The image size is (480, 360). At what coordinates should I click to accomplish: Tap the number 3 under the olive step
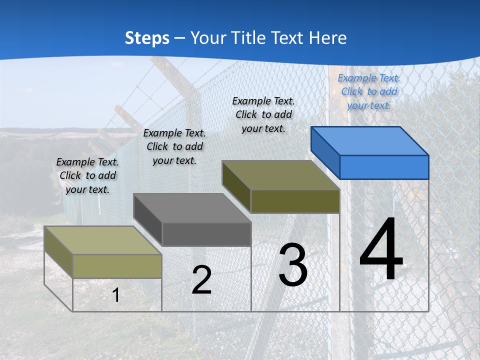293,265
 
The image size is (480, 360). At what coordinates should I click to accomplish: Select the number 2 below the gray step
201,280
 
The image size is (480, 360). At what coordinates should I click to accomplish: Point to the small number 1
116,295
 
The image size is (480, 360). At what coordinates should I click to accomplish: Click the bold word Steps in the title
147,38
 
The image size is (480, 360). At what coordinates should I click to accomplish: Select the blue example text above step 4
369,91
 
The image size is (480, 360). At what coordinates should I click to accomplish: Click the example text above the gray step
174,146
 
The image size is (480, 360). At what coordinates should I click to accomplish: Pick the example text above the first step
87,175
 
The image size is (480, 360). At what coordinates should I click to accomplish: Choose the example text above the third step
263,114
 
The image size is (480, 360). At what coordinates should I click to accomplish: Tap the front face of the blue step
384,167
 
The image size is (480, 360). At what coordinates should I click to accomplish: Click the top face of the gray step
192,207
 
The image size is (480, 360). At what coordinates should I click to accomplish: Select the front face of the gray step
206,234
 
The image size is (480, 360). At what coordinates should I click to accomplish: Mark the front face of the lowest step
117,266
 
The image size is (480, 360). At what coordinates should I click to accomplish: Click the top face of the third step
281,175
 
